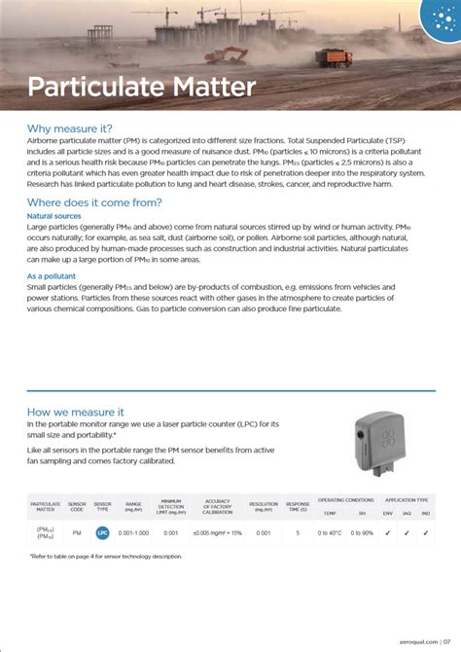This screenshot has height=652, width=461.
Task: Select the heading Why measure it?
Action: pyautogui.click(x=70, y=128)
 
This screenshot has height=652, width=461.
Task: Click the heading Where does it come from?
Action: pyautogui.click(x=94, y=201)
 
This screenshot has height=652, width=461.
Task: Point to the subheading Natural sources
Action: pyautogui.click(x=53, y=216)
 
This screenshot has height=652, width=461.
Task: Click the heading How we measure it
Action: pyautogui.click(x=75, y=412)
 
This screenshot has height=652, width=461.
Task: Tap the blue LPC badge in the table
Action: pyautogui.click(x=102, y=533)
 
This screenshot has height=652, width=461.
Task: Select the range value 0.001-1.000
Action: pyautogui.click(x=134, y=533)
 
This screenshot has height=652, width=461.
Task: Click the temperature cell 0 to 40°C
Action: pyautogui.click(x=331, y=533)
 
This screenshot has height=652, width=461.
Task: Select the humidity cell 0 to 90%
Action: pyautogui.click(x=362, y=533)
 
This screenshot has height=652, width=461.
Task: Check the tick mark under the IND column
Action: pyautogui.click(x=426, y=532)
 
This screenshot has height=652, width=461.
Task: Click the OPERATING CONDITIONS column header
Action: pyautogui.click(x=345, y=498)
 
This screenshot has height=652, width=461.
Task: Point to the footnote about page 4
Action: pyautogui.click(x=106, y=556)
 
